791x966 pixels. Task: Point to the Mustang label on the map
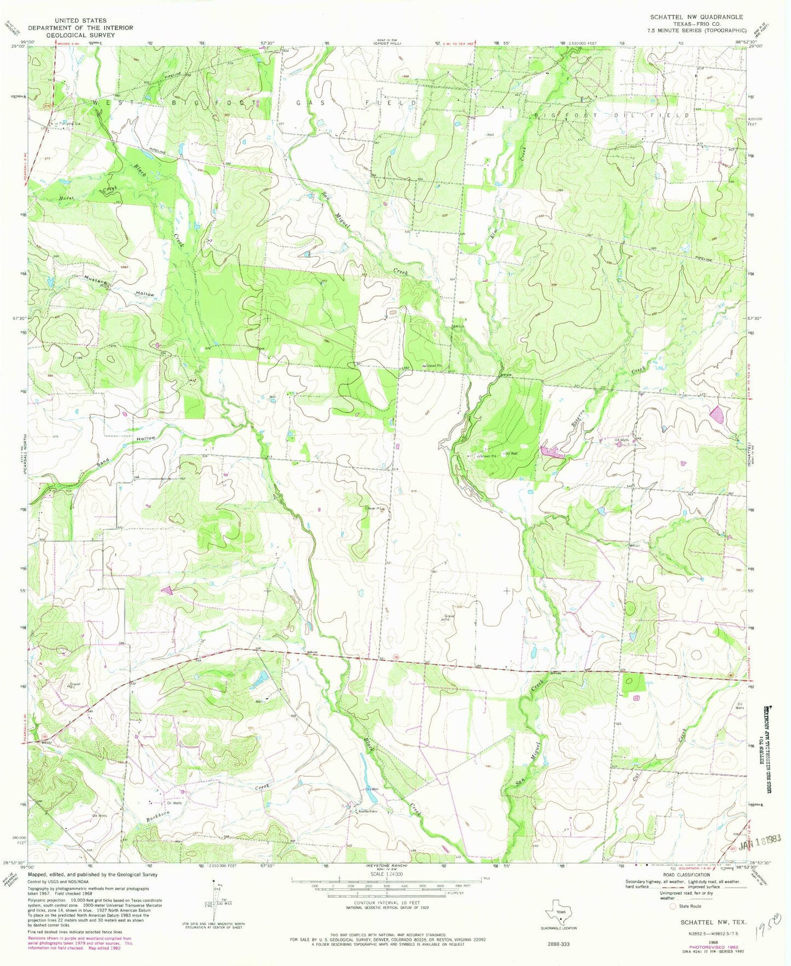(x=95, y=278)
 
